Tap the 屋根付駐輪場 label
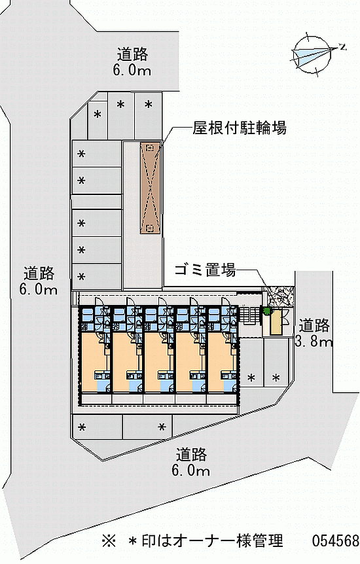pos(240,128)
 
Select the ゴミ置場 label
pos(206,270)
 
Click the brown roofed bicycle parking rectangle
pos(151,188)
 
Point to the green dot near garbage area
pos(267,311)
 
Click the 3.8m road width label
pos(314,341)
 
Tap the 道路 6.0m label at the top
pos(132,62)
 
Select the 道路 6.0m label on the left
pos(39,281)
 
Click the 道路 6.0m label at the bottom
pos(190,462)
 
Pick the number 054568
pos(336,540)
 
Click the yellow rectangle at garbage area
pos(276,323)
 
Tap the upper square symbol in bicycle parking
pos(150,147)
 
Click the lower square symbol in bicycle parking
pos(149,228)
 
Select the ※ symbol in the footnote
pos(109,540)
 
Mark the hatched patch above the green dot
pos(279,296)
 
